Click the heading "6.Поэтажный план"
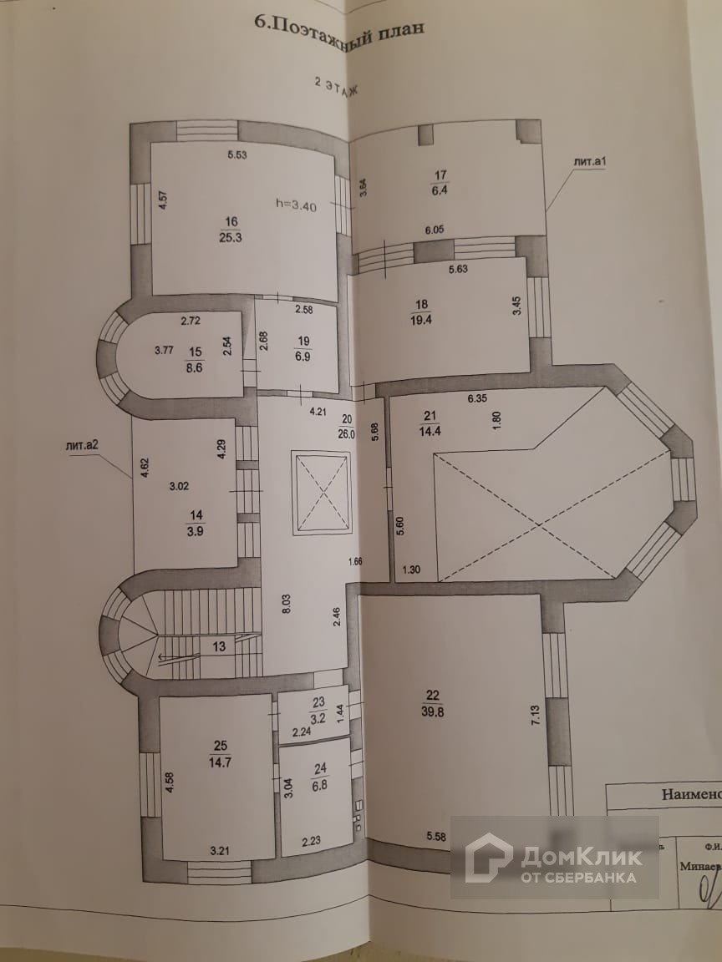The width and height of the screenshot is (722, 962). [x=340, y=27]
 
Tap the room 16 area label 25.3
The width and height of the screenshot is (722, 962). [x=231, y=236]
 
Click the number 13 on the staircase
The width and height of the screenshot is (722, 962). [x=219, y=646]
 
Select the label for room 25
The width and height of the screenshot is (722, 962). [x=220, y=753]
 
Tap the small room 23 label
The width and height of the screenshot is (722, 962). [x=318, y=707]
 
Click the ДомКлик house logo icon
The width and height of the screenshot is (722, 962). [x=488, y=857]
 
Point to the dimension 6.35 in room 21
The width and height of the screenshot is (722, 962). [x=476, y=398]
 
